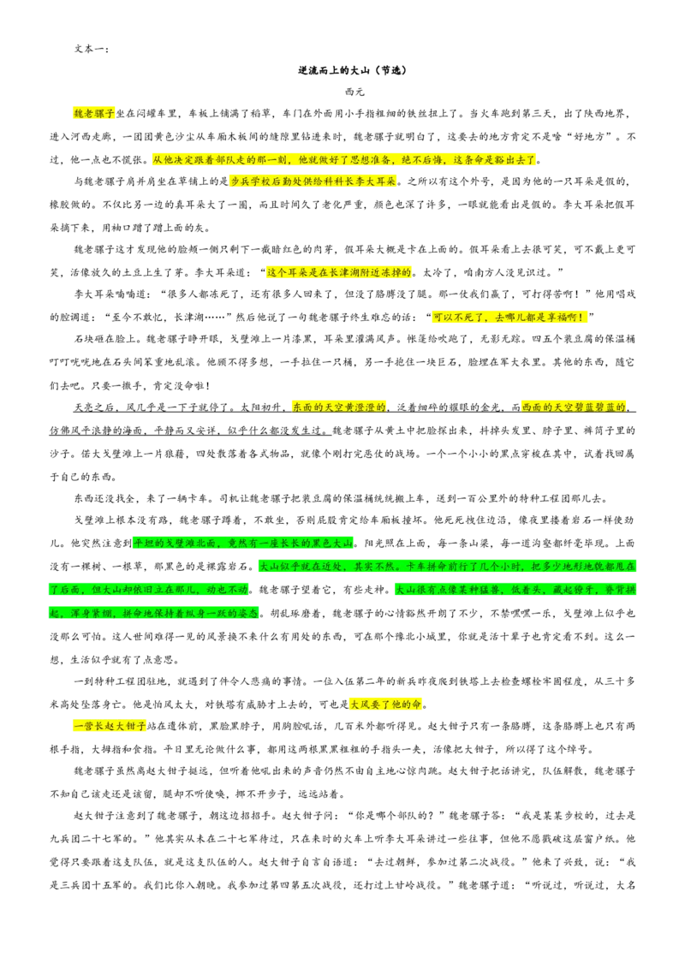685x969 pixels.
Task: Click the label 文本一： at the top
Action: (x=92, y=48)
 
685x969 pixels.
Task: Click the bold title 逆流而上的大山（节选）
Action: (x=353, y=70)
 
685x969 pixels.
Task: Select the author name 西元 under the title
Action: (x=354, y=92)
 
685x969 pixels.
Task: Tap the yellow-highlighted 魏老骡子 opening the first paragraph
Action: (x=94, y=114)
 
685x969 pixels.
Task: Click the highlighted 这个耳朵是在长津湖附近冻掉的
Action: (x=339, y=272)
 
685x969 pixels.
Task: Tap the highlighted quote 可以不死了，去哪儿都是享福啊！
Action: (x=509, y=317)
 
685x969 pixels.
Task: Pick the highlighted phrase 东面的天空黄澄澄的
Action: (x=340, y=407)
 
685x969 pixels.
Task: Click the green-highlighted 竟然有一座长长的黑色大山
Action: (x=289, y=544)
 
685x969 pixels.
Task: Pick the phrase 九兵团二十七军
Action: (x=87, y=839)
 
